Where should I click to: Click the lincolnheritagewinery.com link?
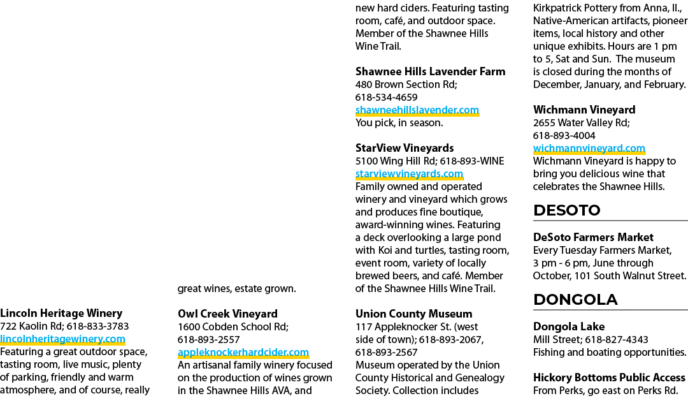[62, 339]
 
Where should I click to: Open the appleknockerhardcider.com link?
[243, 353]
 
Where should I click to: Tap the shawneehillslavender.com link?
[417, 110]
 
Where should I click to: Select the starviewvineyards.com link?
[409, 174]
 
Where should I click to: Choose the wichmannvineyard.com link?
[589, 149]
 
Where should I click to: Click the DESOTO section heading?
[566, 210]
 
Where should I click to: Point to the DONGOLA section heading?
[575, 300]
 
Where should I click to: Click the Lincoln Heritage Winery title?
[61, 314]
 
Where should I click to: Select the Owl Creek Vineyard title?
[227, 314]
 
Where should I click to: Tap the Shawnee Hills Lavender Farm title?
[430, 71]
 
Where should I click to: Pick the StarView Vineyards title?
[404, 149]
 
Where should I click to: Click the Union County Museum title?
[414, 314]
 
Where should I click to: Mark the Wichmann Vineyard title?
[584, 110]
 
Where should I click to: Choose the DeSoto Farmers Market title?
[593, 237]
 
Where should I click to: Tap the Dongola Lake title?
[569, 326]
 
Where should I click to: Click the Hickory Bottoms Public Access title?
[609, 377]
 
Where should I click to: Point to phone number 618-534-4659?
[386, 98]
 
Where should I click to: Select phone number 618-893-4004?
[564, 136]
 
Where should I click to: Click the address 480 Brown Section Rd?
[405, 84]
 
